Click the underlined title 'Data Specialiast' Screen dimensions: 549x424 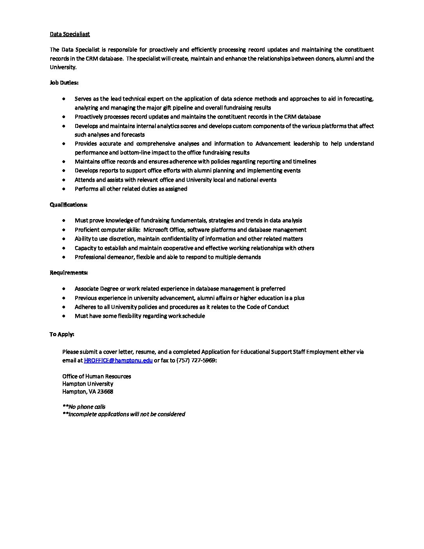pyautogui.click(x=70, y=34)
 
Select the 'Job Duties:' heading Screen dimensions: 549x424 pyautogui.click(x=64, y=83)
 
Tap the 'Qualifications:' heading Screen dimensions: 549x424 pyautogui.click(x=68, y=205)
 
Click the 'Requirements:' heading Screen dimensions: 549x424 pyautogui.click(x=69, y=273)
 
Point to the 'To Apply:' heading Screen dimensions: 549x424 pyautogui.click(x=62, y=334)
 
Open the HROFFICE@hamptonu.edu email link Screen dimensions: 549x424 pyautogui.click(x=118, y=360)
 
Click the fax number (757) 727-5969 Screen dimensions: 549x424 pyautogui.click(x=196, y=360)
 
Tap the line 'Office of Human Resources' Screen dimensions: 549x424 pyautogui.click(x=97, y=376)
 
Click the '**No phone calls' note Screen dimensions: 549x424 pyautogui.click(x=84, y=407)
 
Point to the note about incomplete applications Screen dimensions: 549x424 pyautogui.click(x=124, y=414)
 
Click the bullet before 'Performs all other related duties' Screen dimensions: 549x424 pyautogui.click(x=64, y=189)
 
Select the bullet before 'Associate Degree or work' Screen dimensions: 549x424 pyautogui.click(x=64, y=289)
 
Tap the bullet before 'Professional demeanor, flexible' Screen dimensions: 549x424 pyautogui.click(x=64, y=257)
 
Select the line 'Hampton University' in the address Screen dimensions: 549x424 pyautogui.click(x=88, y=384)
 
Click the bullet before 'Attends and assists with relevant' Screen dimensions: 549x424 pyautogui.click(x=64, y=180)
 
